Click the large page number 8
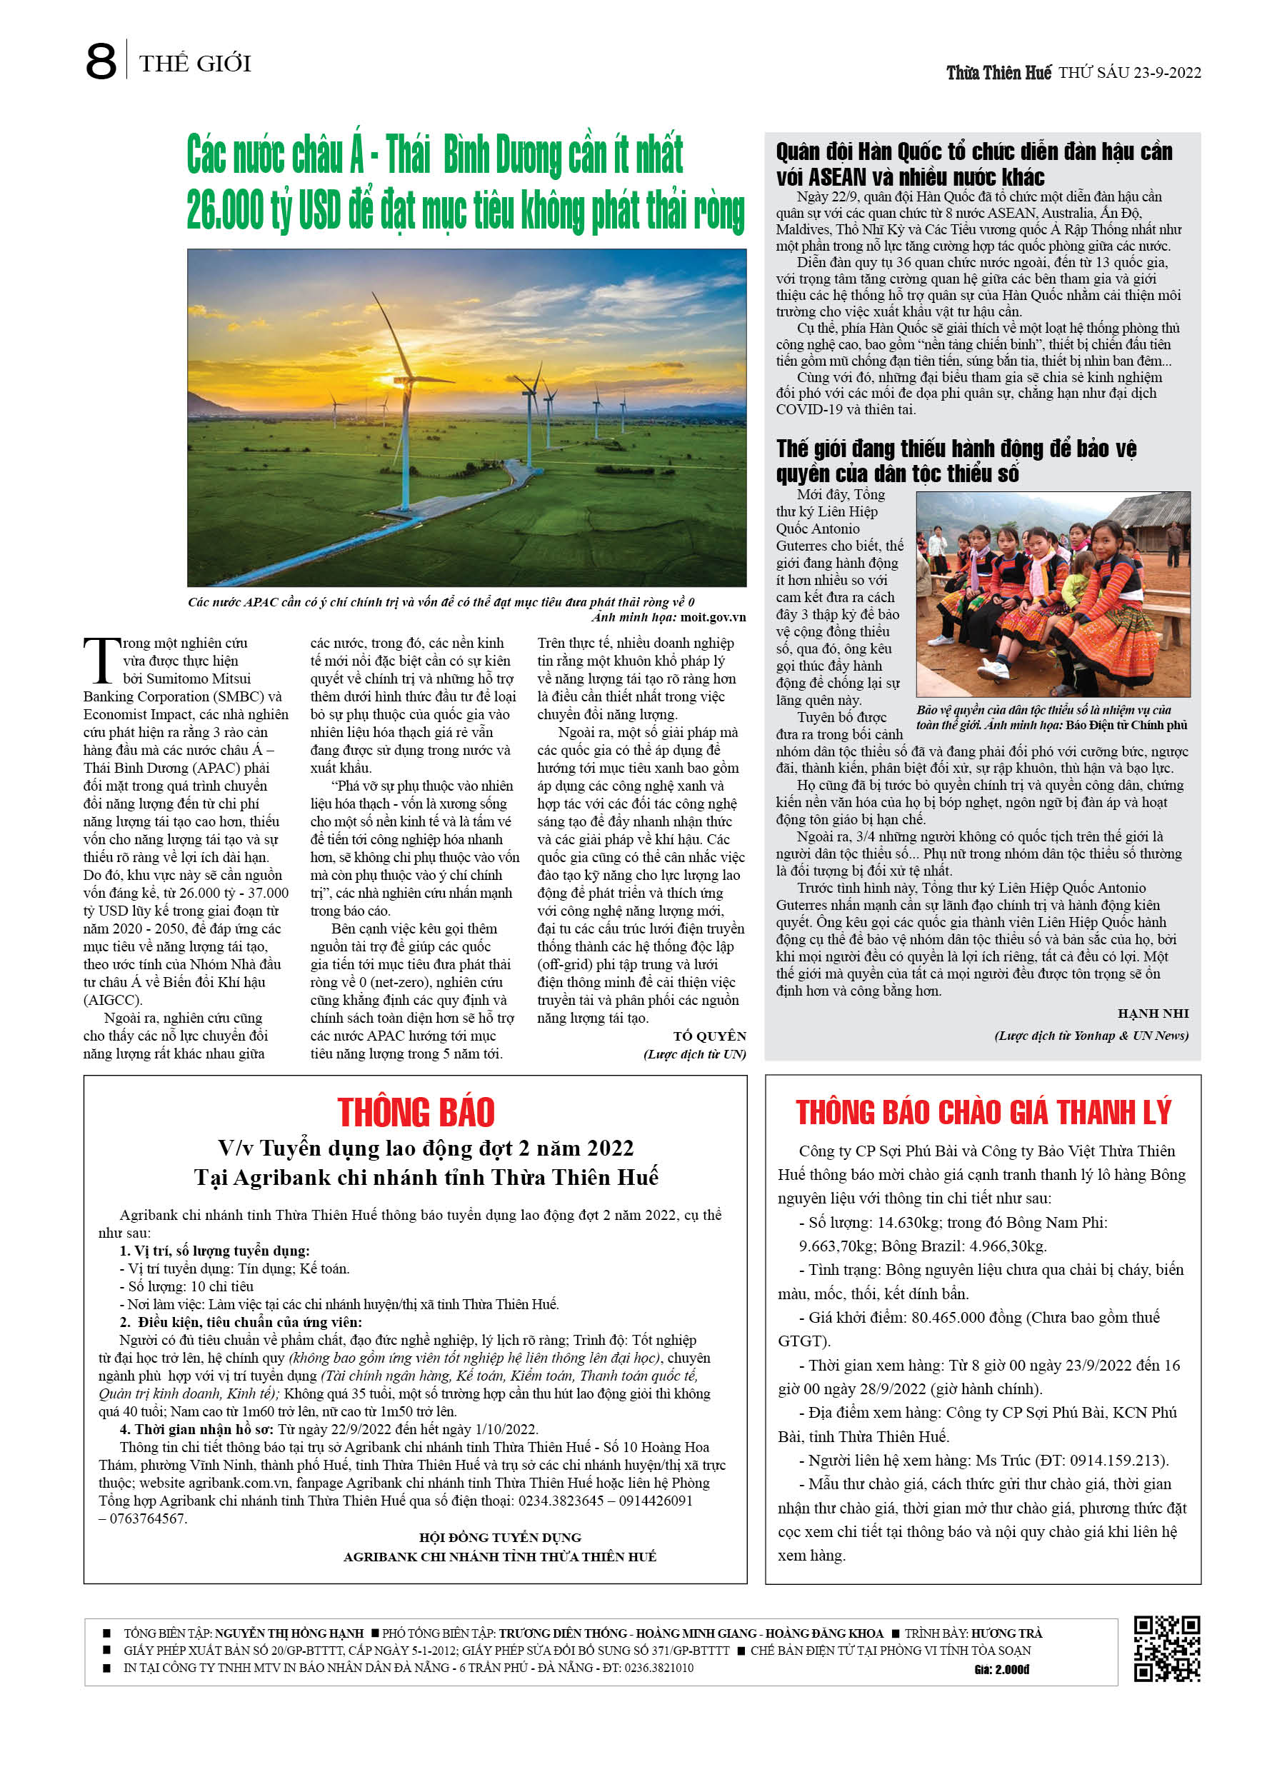[100, 61]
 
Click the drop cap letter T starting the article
[101, 660]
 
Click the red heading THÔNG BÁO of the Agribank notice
[416, 1112]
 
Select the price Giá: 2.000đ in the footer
[1002, 1670]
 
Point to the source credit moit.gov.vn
[713, 617]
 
